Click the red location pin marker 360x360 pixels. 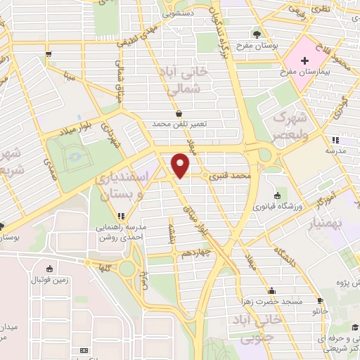pos(181,166)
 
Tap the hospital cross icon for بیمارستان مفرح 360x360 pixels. pos(304,62)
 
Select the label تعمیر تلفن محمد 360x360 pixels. pos(182,124)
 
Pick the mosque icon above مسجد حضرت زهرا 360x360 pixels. pos(271,290)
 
